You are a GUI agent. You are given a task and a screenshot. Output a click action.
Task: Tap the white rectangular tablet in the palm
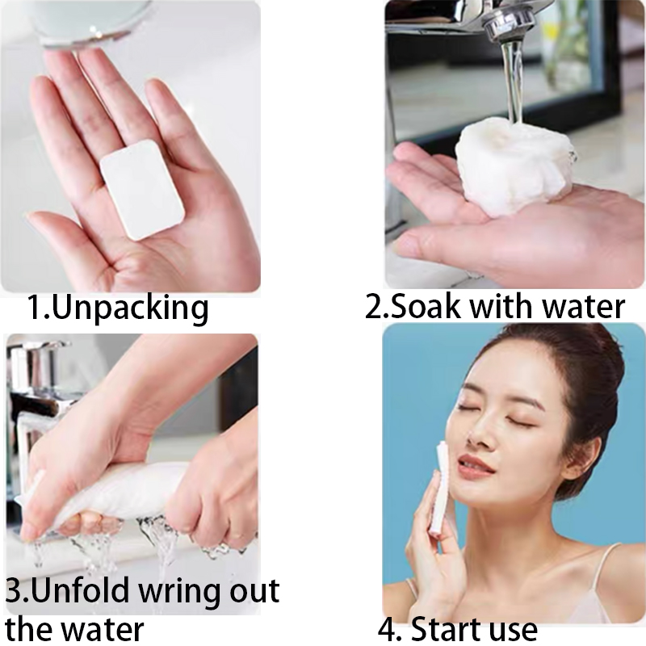click(143, 188)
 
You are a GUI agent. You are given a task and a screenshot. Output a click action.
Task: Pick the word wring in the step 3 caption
click(183, 593)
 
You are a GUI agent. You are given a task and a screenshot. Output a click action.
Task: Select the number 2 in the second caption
click(372, 308)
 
